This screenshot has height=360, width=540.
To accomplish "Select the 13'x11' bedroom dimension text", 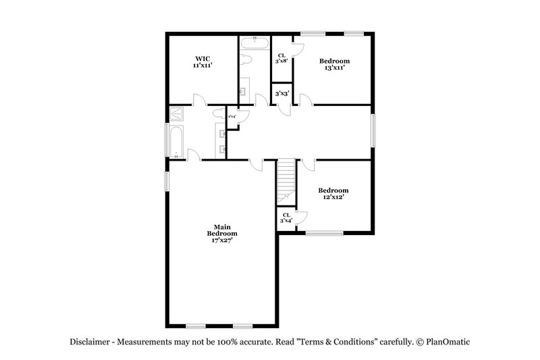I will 335,68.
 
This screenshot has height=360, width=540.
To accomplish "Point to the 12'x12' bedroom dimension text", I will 333,197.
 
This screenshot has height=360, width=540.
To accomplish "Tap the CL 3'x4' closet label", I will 286,218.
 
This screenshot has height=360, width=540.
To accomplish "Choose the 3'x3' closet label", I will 281,93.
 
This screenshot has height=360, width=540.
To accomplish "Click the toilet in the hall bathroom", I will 246,60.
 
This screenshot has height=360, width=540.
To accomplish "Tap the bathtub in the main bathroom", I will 176,141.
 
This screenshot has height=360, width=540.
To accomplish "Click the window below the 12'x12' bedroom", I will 324,233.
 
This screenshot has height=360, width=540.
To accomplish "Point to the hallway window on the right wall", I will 372,130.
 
